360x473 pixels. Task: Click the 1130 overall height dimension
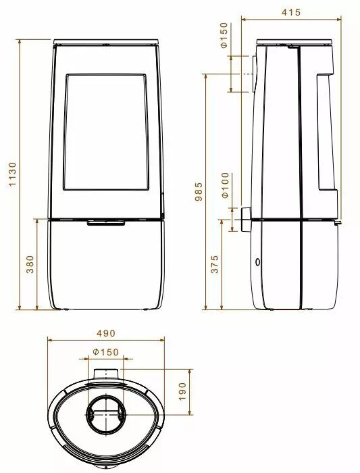coord(12,174)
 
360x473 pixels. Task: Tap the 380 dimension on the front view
coord(30,264)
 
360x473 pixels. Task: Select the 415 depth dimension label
coord(291,12)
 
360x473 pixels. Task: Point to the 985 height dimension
coord(199,191)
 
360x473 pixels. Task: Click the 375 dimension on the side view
coord(214,264)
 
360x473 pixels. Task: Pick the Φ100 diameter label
coord(225,185)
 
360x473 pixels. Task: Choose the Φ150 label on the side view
coord(224,35)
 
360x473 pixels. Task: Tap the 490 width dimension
coord(106,333)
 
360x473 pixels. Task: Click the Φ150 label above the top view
coord(106,352)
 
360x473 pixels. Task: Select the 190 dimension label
coord(183,391)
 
